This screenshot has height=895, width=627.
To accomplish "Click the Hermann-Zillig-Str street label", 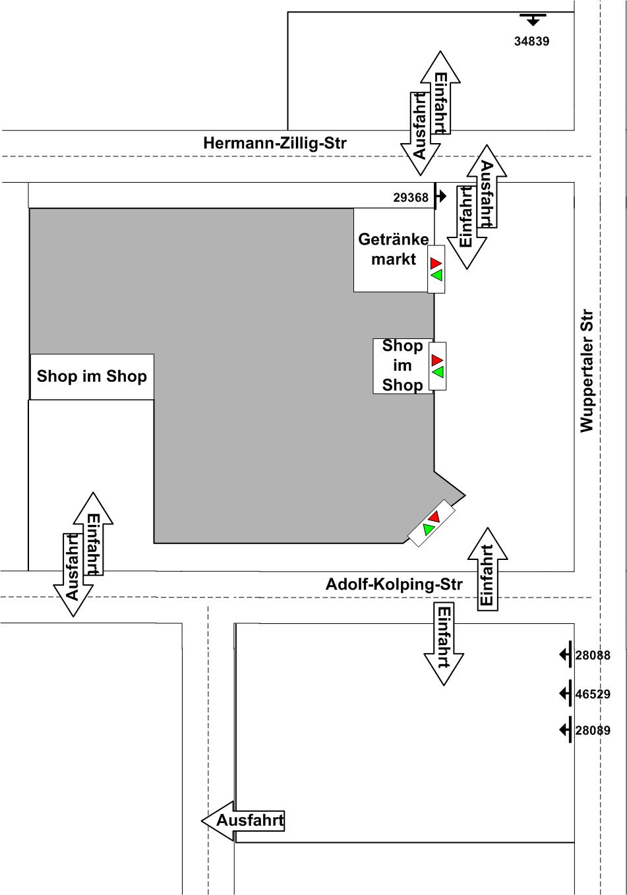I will [274, 143].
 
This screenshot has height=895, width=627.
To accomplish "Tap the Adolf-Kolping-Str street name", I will [394, 584].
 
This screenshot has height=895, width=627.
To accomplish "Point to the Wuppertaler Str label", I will [587, 371].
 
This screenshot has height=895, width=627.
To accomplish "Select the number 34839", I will [531, 42].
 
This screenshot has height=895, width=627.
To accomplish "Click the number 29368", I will [410, 197].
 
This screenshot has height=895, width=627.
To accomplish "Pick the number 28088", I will [592, 656].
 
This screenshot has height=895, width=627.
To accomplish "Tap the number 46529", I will [592, 694].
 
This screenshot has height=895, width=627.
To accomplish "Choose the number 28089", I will [592, 731].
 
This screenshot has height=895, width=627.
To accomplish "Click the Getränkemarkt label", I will [393, 249].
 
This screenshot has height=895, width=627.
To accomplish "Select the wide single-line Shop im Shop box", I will [92, 377].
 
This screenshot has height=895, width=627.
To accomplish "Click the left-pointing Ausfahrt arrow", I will [243, 820].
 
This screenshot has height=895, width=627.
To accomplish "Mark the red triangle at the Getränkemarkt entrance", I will [436, 263].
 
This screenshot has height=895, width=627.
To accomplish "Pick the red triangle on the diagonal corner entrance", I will [434, 516].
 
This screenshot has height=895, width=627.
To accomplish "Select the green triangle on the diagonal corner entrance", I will [428, 529].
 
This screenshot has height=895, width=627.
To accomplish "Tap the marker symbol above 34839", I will [533, 18].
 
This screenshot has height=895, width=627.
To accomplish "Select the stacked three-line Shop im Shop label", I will [402, 365].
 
